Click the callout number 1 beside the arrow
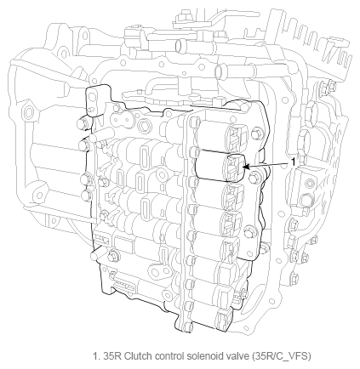pos(294,162)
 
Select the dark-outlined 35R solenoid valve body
pos(220,166)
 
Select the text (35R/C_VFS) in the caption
pos(281,356)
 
